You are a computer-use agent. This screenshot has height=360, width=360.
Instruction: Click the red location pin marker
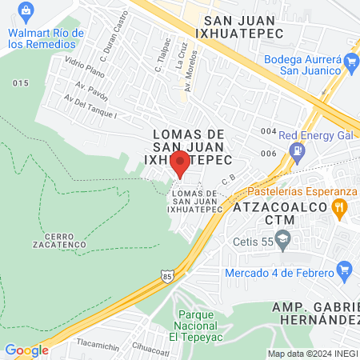(180, 163)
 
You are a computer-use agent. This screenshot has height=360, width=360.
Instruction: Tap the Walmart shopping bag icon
(26, 10)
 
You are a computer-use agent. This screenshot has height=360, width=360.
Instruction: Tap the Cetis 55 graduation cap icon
(282, 238)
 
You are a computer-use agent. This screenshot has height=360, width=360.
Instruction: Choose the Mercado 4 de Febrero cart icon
(344, 269)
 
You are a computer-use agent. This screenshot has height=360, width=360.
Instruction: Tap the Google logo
(26, 350)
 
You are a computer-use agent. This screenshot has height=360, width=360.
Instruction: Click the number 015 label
(21, 83)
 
